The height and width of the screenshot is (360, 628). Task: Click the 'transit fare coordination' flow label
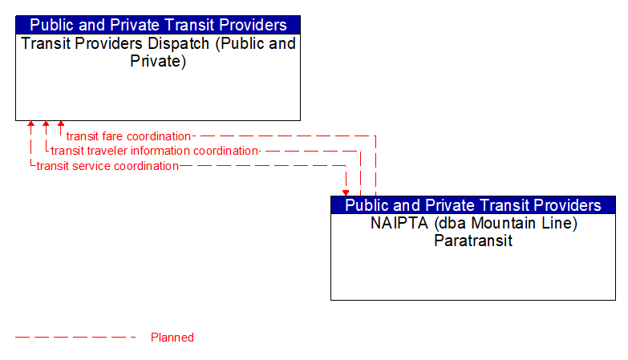coord(128,136)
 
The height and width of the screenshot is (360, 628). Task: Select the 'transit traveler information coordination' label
coord(155,151)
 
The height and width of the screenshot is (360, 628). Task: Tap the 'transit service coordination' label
coord(107,166)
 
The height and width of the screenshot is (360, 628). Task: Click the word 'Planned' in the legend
coord(172,338)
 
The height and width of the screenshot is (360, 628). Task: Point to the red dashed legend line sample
coord(75,338)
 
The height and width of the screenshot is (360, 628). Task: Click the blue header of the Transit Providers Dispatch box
coord(158,25)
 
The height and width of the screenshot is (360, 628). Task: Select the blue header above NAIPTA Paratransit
coord(473,205)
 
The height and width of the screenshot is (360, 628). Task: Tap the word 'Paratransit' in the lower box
coord(473,240)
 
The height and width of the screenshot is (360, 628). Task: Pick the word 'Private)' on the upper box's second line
coord(158,61)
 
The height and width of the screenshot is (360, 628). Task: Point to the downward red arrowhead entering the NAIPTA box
coord(346,192)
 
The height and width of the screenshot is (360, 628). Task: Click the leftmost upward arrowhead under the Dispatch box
coord(30,125)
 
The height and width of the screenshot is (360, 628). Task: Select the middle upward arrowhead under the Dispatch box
coord(46,125)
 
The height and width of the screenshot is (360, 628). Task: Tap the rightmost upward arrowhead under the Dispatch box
coord(61,125)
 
